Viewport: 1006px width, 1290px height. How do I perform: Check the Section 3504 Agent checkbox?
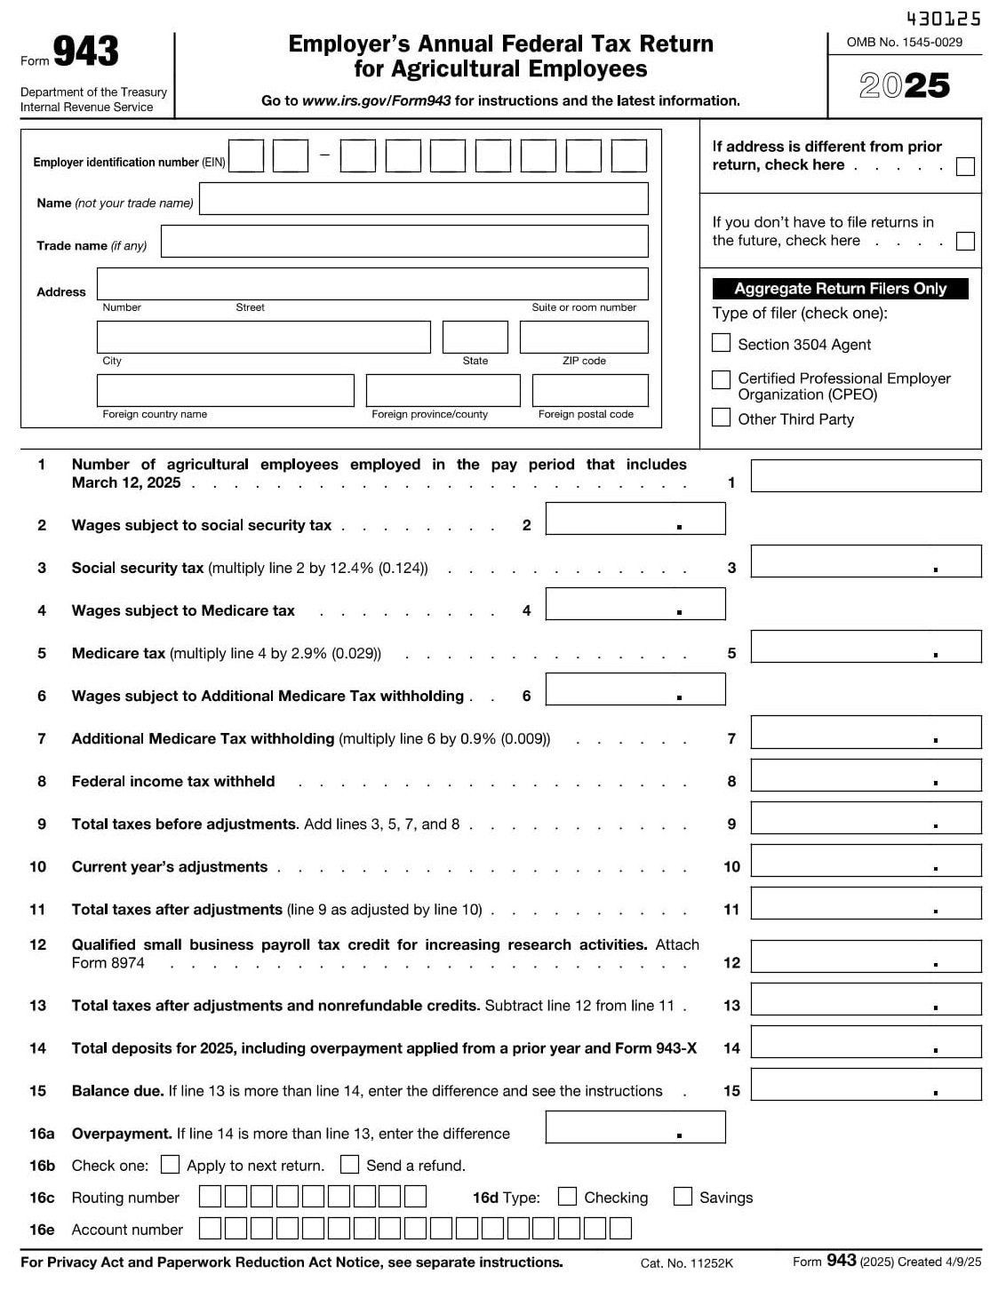tap(721, 343)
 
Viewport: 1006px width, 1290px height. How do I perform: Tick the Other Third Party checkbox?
tap(721, 418)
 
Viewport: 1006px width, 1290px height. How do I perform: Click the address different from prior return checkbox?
tap(964, 166)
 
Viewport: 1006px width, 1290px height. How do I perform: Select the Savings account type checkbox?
tap(683, 1197)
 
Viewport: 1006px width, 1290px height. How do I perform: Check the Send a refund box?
tap(350, 1165)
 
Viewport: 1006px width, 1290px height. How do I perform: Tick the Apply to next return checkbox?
tap(171, 1165)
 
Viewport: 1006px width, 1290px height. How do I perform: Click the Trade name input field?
tap(404, 242)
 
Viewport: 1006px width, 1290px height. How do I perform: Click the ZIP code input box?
tap(584, 338)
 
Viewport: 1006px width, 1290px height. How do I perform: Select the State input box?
tap(475, 338)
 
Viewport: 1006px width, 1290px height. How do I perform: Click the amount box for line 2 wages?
tap(635, 519)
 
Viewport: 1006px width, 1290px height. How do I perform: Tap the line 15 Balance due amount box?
tap(866, 1085)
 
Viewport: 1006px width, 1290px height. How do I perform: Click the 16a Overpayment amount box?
tap(635, 1127)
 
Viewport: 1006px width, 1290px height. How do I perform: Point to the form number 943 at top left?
tap(85, 52)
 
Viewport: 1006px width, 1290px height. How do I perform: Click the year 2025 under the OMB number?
tap(905, 86)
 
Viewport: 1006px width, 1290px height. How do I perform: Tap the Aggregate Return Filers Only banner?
tap(840, 289)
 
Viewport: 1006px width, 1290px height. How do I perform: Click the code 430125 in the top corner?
tap(943, 19)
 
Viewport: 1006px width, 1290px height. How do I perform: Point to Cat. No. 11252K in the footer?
tap(686, 1263)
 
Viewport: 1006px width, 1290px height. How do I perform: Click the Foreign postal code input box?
tap(590, 391)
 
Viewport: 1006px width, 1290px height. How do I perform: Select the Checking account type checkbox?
tap(567, 1197)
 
